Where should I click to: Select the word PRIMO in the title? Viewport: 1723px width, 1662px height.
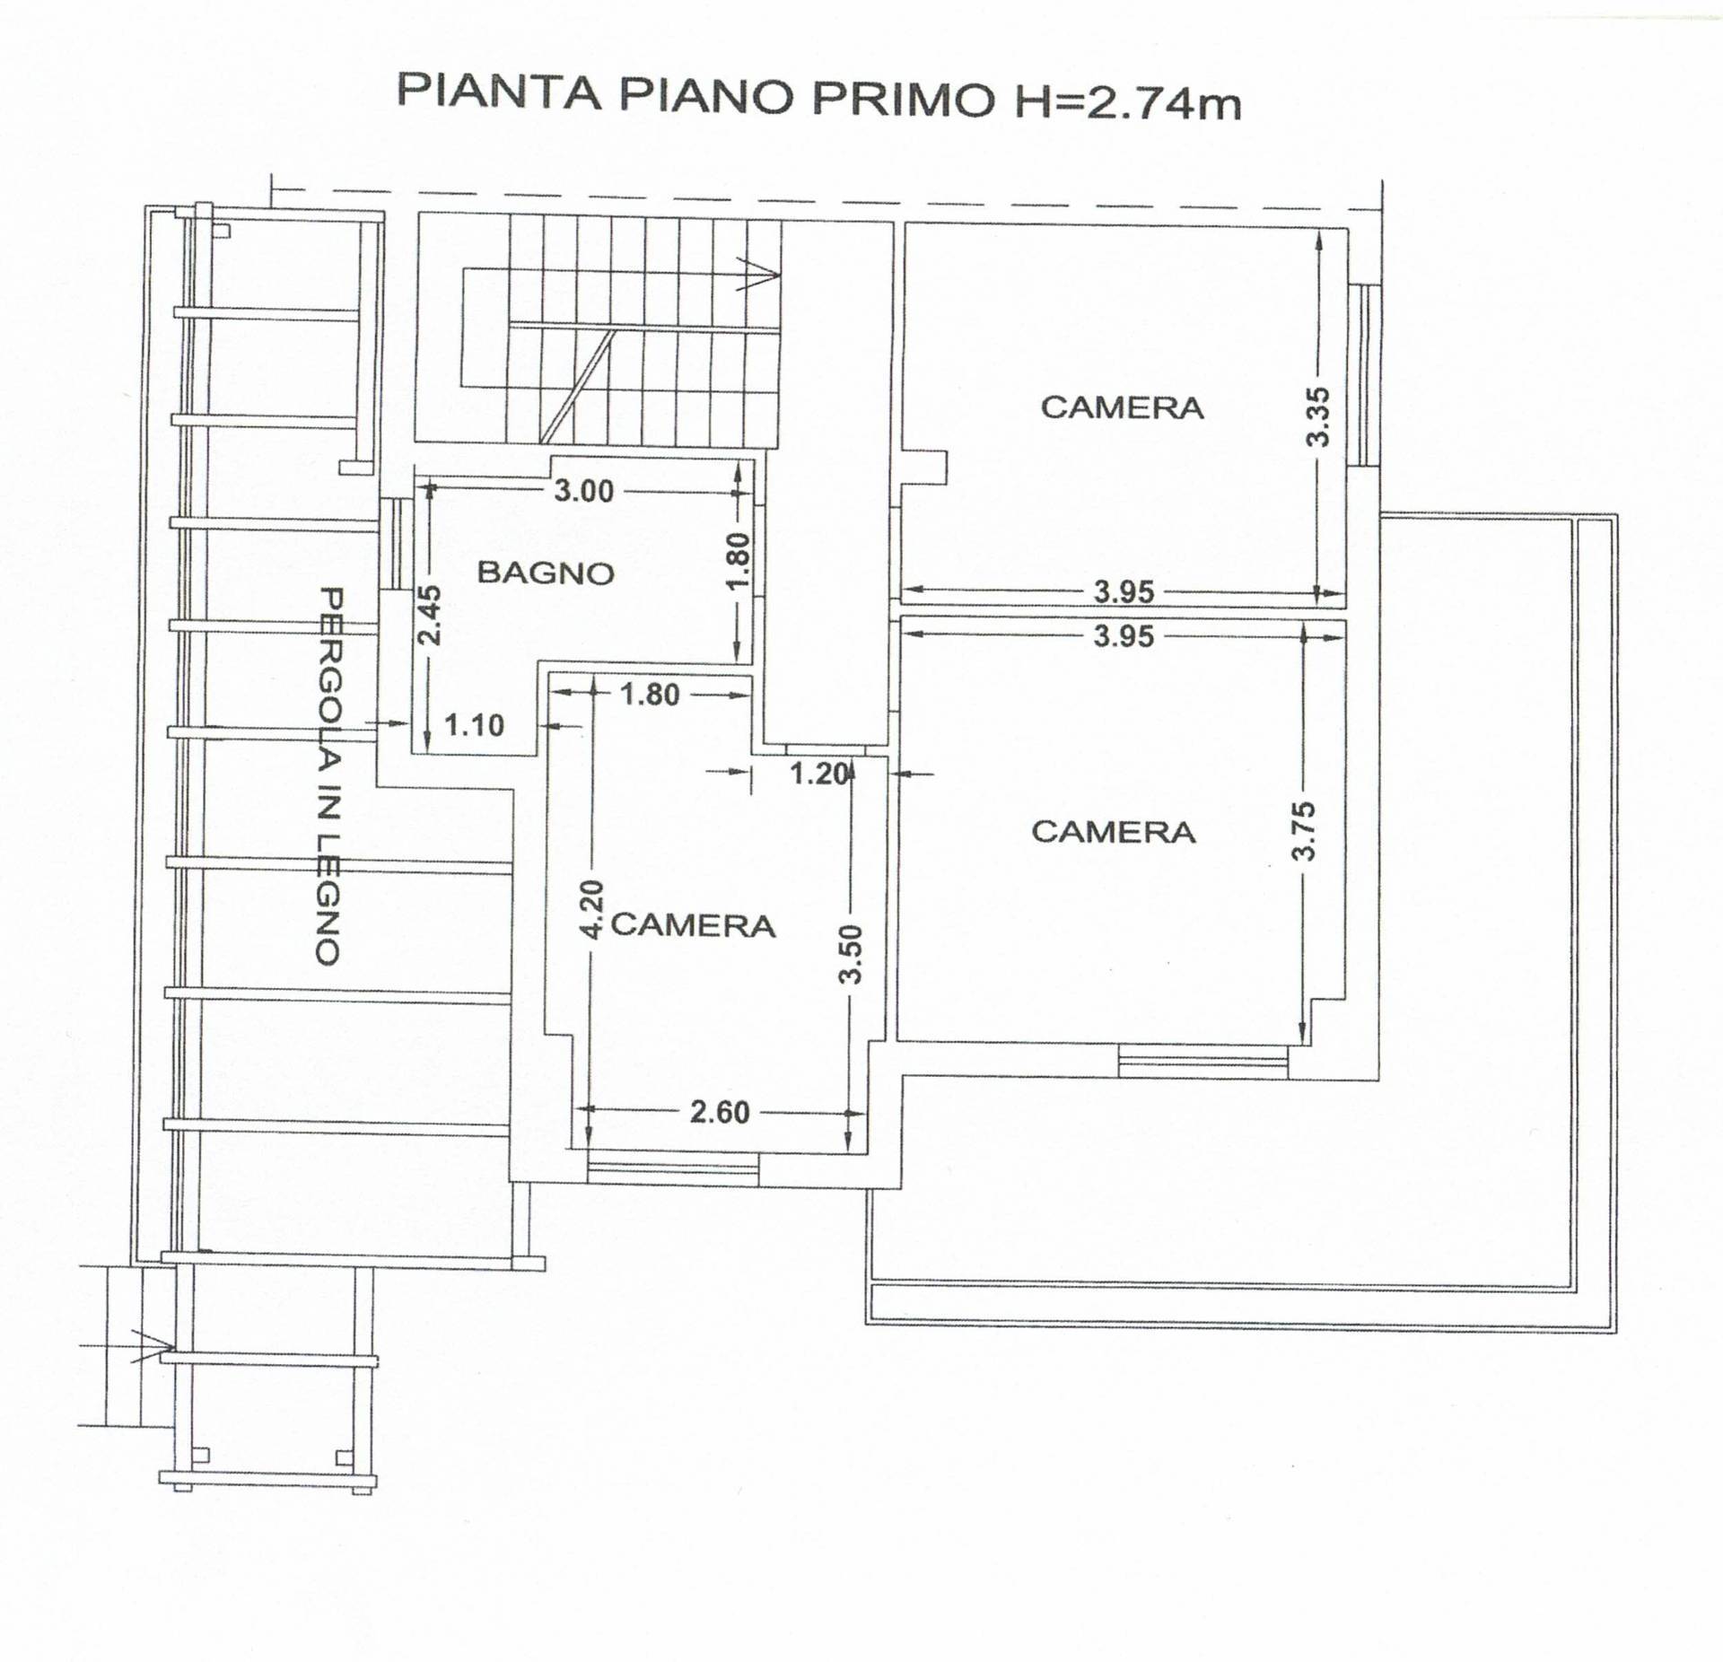904,97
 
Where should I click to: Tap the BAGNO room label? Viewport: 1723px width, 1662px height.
546,573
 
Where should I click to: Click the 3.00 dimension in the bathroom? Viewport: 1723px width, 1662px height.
583,491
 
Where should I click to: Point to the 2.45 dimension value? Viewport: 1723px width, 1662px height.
430,615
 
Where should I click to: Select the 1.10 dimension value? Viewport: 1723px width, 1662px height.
475,725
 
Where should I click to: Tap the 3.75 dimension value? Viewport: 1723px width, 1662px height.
1304,831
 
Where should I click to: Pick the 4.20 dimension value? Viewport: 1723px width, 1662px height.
590,909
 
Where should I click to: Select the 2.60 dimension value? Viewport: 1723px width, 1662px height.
720,1112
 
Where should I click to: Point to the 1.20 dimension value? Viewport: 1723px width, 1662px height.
818,773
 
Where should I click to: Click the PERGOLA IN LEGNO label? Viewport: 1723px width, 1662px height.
329,776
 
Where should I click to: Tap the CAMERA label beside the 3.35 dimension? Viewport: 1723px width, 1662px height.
1122,407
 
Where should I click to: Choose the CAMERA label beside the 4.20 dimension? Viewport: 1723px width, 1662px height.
693,925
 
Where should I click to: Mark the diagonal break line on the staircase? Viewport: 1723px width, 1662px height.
578,386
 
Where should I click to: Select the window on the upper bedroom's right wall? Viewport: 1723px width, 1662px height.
1364,374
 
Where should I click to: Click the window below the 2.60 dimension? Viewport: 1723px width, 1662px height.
673,1168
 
